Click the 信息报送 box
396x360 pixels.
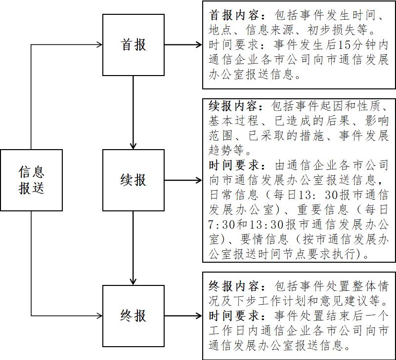pos(32,180)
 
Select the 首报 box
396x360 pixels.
pos(133,45)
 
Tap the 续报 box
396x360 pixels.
pos(133,180)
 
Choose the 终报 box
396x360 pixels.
pos(133,315)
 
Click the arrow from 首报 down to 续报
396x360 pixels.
pos(133,113)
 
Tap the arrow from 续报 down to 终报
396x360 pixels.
pos(133,247)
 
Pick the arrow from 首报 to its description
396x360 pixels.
pos(183,45)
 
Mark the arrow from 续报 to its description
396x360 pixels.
pos(183,180)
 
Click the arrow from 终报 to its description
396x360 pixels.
pos(183,315)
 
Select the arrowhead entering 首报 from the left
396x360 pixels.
pos(99,45)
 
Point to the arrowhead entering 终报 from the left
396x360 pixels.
pos(99,315)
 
